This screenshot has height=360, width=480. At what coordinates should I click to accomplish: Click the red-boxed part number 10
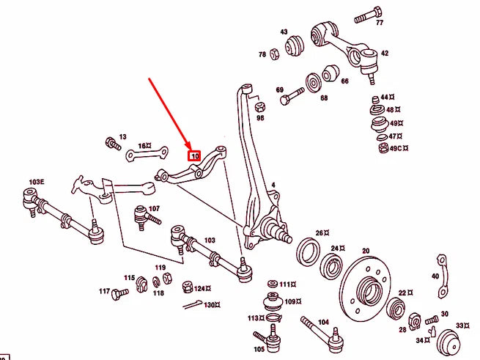point(195,155)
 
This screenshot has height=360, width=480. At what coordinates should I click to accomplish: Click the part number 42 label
point(384,54)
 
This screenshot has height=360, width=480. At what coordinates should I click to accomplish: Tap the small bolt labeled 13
point(113,142)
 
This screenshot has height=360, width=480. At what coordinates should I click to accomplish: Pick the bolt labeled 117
point(118,293)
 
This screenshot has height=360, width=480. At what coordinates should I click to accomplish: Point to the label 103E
point(37,181)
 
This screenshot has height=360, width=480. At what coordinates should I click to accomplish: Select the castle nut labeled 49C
point(383,149)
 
